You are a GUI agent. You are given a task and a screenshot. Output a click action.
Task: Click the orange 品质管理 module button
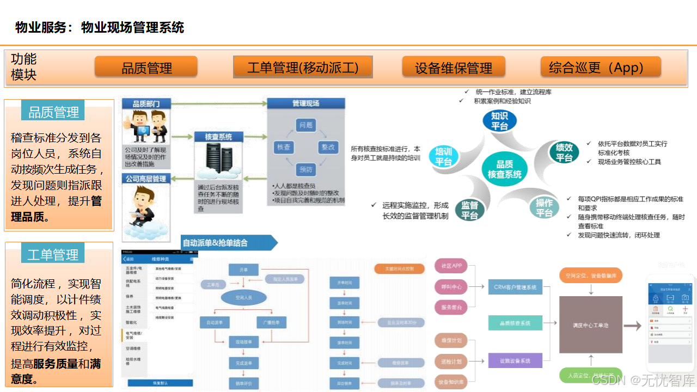click(x=146, y=67)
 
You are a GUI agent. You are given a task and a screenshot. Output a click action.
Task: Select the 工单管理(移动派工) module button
click(x=303, y=67)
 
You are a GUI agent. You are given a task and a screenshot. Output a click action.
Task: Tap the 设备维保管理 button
click(x=453, y=67)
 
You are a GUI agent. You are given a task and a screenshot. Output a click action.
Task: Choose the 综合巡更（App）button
click(x=600, y=67)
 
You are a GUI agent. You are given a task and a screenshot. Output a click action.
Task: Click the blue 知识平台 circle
click(x=499, y=121)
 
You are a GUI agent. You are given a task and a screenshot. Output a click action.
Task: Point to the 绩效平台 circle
click(x=564, y=152)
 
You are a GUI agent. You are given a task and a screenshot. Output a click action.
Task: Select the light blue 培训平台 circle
click(x=444, y=157)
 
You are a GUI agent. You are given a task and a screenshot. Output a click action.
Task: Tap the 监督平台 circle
click(x=469, y=210)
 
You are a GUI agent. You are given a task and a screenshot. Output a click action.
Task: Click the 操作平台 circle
click(x=544, y=207)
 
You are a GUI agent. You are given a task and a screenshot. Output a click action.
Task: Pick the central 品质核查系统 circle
click(x=504, y=169)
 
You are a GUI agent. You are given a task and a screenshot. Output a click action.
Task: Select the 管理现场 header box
click(x=305, y=103)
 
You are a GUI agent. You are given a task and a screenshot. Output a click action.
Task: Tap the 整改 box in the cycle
click(x=328, y=148)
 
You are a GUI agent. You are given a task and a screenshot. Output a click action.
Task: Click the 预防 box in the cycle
click(x=306, y=169)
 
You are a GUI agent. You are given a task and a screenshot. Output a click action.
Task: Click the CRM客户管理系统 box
click(x=515, y=287)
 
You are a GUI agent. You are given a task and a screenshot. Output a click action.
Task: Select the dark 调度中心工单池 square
click(x=590, y=325)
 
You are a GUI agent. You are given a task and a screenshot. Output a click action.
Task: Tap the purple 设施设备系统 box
click(x=515, y=360)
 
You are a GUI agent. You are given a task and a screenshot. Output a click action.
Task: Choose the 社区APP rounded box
click(x=451, y=266)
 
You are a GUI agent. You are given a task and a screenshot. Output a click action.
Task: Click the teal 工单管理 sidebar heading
click(x=53, y=254)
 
